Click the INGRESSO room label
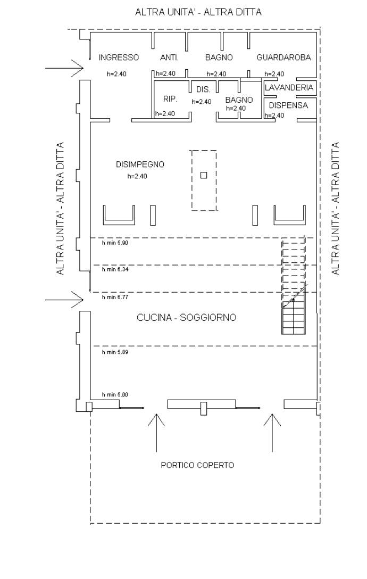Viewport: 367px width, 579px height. pos(119,57)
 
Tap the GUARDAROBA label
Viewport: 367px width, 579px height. pos(283,57)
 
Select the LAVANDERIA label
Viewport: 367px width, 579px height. pos(289,87)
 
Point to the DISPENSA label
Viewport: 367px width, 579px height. pos(288,105)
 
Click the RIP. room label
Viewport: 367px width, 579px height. pos(170,99)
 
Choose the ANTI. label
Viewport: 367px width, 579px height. pos(169,57)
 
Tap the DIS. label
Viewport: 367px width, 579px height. pos(203,89)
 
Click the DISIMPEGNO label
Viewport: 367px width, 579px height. pos(140,164)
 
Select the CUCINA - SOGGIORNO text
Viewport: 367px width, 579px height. pos(186,318)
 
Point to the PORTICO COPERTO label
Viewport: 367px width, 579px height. pos(197,465)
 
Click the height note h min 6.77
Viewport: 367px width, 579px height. pos(115,297)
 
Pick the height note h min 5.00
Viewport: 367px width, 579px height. pos(115,395)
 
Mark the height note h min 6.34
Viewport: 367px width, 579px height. pos(115,269)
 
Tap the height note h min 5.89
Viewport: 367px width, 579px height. pos(115,352)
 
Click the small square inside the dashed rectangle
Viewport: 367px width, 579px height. pos(203,175)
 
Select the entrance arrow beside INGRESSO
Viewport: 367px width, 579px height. pos(64,68)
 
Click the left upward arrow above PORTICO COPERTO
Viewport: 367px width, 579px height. pos(156,432)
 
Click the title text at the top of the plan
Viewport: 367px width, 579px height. pos(198,12)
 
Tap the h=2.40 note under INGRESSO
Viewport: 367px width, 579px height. pos(116,74)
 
